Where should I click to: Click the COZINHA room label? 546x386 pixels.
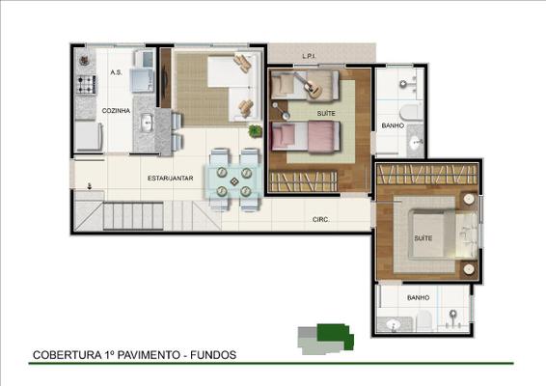(x=116, y=111)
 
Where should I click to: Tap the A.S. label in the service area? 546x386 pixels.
(x=116, y=72)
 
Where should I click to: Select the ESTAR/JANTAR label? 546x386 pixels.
(x=171, y=179)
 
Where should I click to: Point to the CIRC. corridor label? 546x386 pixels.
(x=320, y=220)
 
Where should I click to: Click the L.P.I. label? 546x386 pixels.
(x=309, y=56)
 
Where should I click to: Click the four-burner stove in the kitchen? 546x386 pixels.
(x=86, y=85)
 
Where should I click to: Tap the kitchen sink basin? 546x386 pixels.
(x=146, y=123)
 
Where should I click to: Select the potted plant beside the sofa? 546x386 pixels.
(x=256, y=130)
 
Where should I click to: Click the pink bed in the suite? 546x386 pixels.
(x=306, y=136)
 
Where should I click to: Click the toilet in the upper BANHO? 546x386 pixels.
(x=409, y=113)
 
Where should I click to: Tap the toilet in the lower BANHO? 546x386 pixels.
(x=424, y=319)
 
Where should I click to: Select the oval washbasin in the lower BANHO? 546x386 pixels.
(x=394, y=324)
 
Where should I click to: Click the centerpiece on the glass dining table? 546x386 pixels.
(x=234, y=181)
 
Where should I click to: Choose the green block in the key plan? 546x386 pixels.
(x=335, y=335)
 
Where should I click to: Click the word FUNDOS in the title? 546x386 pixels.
(x=213, y=355)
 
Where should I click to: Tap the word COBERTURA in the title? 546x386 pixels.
(x=67, y=355)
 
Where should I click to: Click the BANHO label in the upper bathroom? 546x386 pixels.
(x=393, y=125)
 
